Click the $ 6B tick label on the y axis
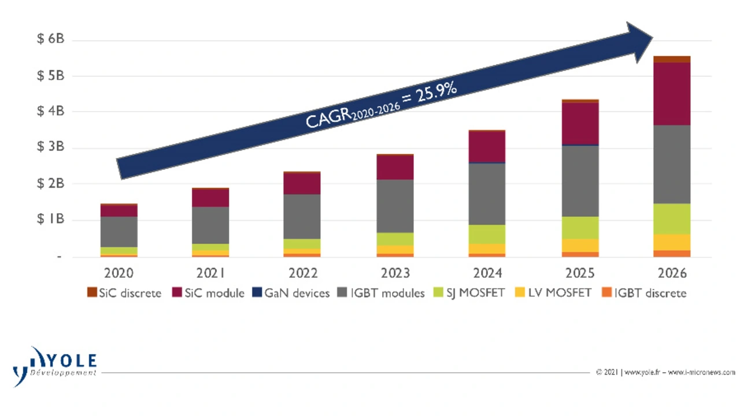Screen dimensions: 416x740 (50, 39)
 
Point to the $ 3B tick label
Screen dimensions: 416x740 (50, 147)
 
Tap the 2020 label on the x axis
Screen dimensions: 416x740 (119, 273)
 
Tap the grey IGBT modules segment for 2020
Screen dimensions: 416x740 (119, 232)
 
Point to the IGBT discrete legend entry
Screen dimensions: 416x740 (645, 293)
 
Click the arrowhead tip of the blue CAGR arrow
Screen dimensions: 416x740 (652, 38)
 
